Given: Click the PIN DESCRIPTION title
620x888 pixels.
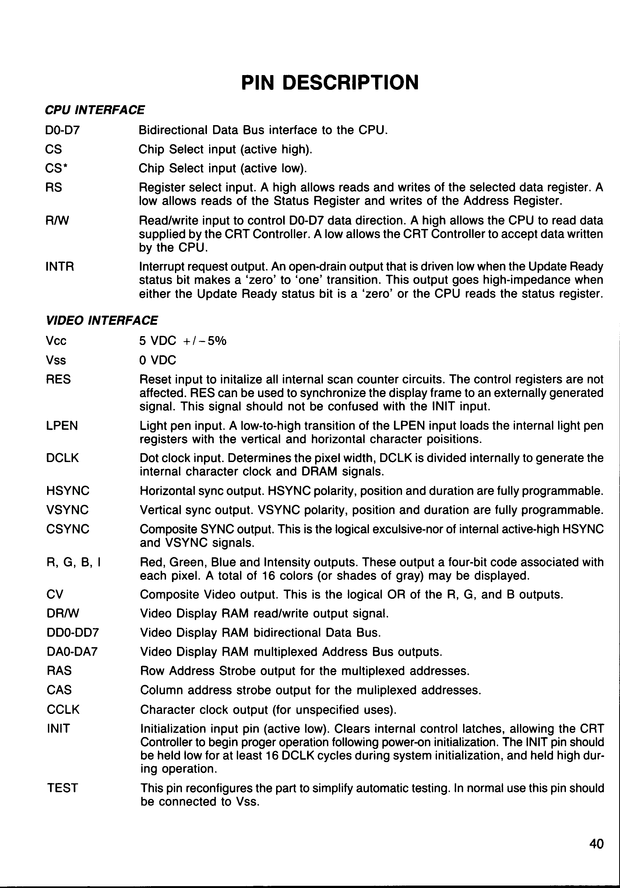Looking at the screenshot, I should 330,82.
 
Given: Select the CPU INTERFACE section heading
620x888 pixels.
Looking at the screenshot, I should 95,110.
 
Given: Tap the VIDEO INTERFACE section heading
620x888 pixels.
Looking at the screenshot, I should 101,321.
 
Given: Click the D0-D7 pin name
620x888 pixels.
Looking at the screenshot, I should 62,130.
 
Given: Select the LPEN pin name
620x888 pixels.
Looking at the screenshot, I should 62,426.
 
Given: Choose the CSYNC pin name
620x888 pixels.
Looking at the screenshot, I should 68,529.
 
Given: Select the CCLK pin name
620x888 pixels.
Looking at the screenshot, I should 63,710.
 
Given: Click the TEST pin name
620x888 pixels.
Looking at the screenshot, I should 62,788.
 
